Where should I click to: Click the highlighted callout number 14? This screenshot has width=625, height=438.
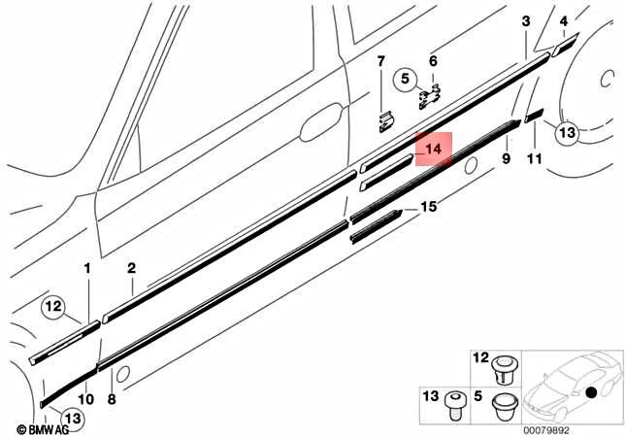(x=434, y=150)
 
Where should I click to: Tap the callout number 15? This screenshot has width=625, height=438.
(x=428, y=207)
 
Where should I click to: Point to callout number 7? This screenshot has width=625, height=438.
(x=381, y=62)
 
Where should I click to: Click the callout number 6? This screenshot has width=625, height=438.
(x=433, y=60)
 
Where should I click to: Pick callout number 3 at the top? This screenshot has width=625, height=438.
(x=525, y=21)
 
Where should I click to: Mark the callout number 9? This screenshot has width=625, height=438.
(x=506, y=157)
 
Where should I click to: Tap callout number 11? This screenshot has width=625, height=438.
(x=533, y=157)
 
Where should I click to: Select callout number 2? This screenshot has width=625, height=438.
(x=131, y=267)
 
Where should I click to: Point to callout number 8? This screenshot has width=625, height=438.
(x=111, y=398)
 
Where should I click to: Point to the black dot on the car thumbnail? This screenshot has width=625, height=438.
(x=590, y=392)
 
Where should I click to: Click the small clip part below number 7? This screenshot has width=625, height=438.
(x=384, y=120)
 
